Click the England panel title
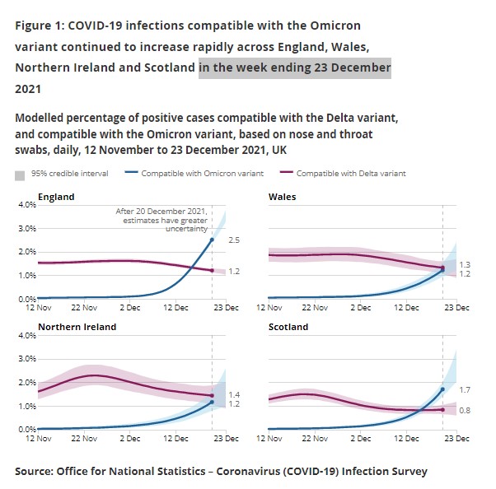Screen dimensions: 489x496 tap(56, 198)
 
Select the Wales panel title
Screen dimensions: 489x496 tap(283, 198)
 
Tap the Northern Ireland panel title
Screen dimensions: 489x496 tap(77, 327)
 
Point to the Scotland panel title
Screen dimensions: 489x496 tap(288, 327)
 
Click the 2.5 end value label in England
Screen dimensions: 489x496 tap(233, 240)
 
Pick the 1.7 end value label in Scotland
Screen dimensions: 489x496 tap(464, 389)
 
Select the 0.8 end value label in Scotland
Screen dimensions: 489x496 tap(464, 410)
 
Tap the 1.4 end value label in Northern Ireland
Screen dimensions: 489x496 tap(233, 395)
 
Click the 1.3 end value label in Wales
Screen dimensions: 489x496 tap(464, 264)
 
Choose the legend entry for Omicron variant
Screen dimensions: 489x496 tap(202, 174)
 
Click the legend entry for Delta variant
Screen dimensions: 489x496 tap(350, 174)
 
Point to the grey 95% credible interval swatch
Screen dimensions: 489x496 tap(20, 175)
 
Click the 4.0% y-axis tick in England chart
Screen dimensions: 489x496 tap(26, 204)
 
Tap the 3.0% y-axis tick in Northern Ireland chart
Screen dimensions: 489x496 tap(26, 360)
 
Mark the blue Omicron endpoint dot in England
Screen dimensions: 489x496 tap(213, 240)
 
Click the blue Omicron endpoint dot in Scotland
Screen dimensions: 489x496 tap(442, 389)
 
